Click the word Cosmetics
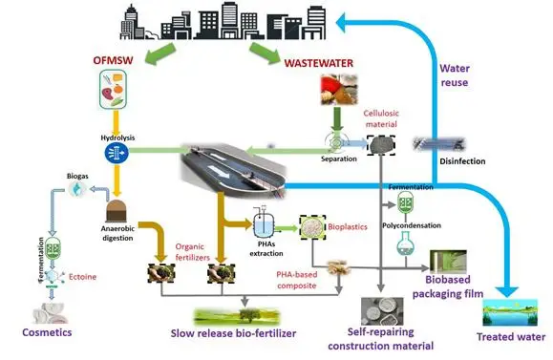tap(47, 330)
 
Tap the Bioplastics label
tap(351, 230)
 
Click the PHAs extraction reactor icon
tap(259, 221)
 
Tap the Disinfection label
tap(462, 161)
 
